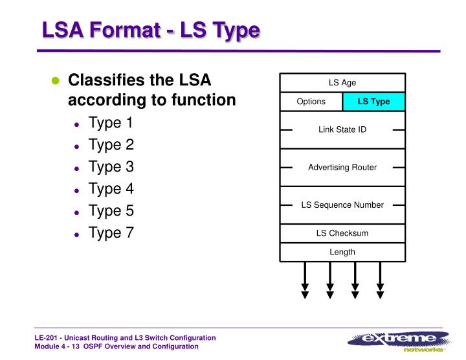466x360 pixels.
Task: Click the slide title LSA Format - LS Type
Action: click(151, 30)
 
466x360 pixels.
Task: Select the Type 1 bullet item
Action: click(111, 123)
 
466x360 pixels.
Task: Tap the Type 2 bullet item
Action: click(111, 145)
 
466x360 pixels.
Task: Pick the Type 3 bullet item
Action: click(111, 167)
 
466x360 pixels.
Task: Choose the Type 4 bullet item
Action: click(111, 189)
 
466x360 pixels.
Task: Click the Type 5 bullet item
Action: click(111, 211)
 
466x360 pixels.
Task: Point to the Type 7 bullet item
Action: click(111, 233)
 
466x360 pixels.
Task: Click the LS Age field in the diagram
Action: click(342, 83)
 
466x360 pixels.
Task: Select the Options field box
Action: click(311, 102)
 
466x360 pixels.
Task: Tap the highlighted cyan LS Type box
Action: click(373, 102)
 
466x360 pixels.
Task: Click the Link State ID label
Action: click(342, 129)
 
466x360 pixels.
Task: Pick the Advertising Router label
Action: click(342, 167)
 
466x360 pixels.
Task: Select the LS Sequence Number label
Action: click(342, 205)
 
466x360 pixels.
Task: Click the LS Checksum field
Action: click(342, 233)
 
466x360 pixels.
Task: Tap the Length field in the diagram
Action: click(342, 252)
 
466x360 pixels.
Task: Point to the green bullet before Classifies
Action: click(56, 82)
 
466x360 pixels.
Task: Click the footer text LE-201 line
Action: click(125, 338)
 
